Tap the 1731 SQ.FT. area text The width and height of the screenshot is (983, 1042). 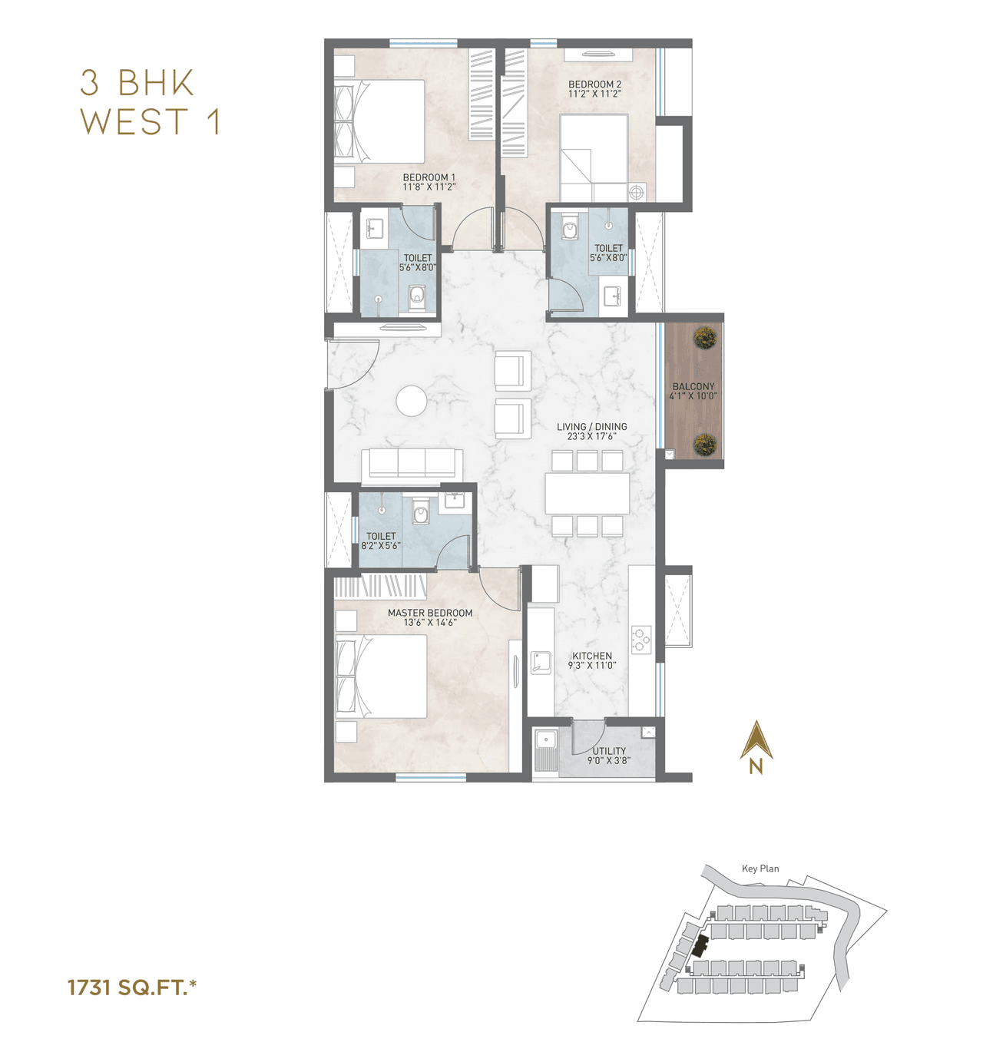[131, 987]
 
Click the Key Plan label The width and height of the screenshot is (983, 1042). [760, 868]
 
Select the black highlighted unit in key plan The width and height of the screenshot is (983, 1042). [699, 946]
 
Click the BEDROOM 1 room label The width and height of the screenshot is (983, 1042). [429, 177]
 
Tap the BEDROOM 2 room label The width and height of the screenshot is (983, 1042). [594, 84]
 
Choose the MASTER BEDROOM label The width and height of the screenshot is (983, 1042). [430, 613]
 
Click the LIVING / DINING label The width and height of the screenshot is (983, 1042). [591, 427]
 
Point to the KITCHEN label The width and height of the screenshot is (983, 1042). [592, 656]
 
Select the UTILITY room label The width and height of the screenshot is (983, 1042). [609, 751]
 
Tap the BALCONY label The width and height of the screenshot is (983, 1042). [693, 387]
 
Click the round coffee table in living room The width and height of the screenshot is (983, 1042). [412, 401]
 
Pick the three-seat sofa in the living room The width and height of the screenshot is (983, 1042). [412, 465]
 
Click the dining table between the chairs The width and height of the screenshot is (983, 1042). [587, 493]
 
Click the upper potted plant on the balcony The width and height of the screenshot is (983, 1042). [705, 338]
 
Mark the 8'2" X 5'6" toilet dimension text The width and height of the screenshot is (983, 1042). [381, 546]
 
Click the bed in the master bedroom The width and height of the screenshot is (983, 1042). [382, 676]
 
